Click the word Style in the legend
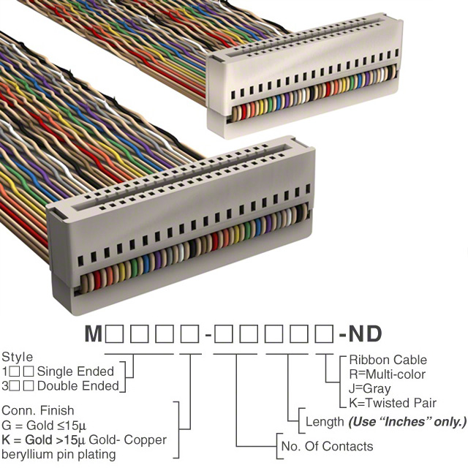(x=17, y=358)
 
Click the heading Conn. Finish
(x=37, y=411)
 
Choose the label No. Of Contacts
(x=327, y=446)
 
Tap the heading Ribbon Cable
(x=388, y=360)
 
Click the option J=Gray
(x=370, y=388)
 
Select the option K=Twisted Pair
(x=393, y=402)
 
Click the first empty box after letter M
(x=114, y=334)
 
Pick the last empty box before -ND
(x=323, y=334)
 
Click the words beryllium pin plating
(x=58, y=454)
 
